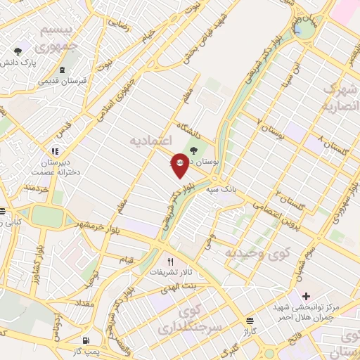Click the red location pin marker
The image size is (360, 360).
pyautogui.click(x=180, y=163)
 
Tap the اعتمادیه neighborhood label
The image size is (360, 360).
pyautogui.click(x=152, y=141)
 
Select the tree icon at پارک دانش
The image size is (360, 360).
pyautogui.click(x=18, y=51)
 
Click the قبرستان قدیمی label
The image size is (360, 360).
pyautogui.click(x=63, y=81)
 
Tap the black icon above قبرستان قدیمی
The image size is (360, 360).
pyautogui.click(x=63, y=70)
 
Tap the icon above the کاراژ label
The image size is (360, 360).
pyautogui.click(x=250, y=320)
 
